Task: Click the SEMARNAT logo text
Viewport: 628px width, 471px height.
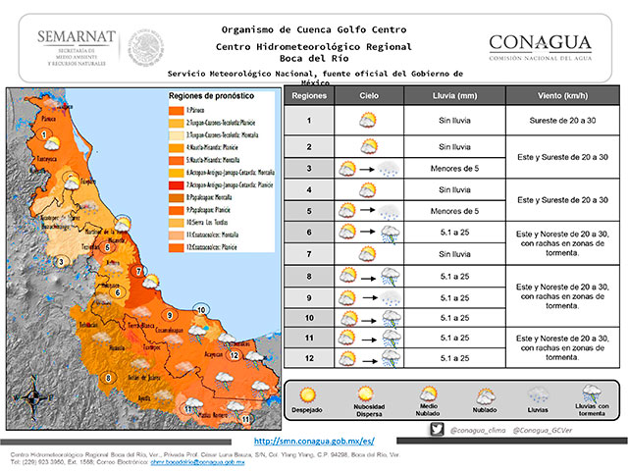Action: click(77, 37)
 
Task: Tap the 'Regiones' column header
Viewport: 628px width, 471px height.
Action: click(309, 97)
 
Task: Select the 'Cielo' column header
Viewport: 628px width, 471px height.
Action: click(369, 97)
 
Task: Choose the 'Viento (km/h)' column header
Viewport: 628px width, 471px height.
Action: click(563, 97)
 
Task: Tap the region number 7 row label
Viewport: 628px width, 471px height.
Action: click(309, 254)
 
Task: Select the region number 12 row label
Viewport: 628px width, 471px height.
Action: click(309, 357)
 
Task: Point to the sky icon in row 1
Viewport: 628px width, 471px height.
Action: click(369, 120)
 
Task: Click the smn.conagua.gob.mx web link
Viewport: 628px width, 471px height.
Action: click(314, 442)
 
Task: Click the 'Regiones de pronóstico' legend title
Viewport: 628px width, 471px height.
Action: click(210, 97)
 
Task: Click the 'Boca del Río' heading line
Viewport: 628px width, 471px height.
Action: click(314, 58)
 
